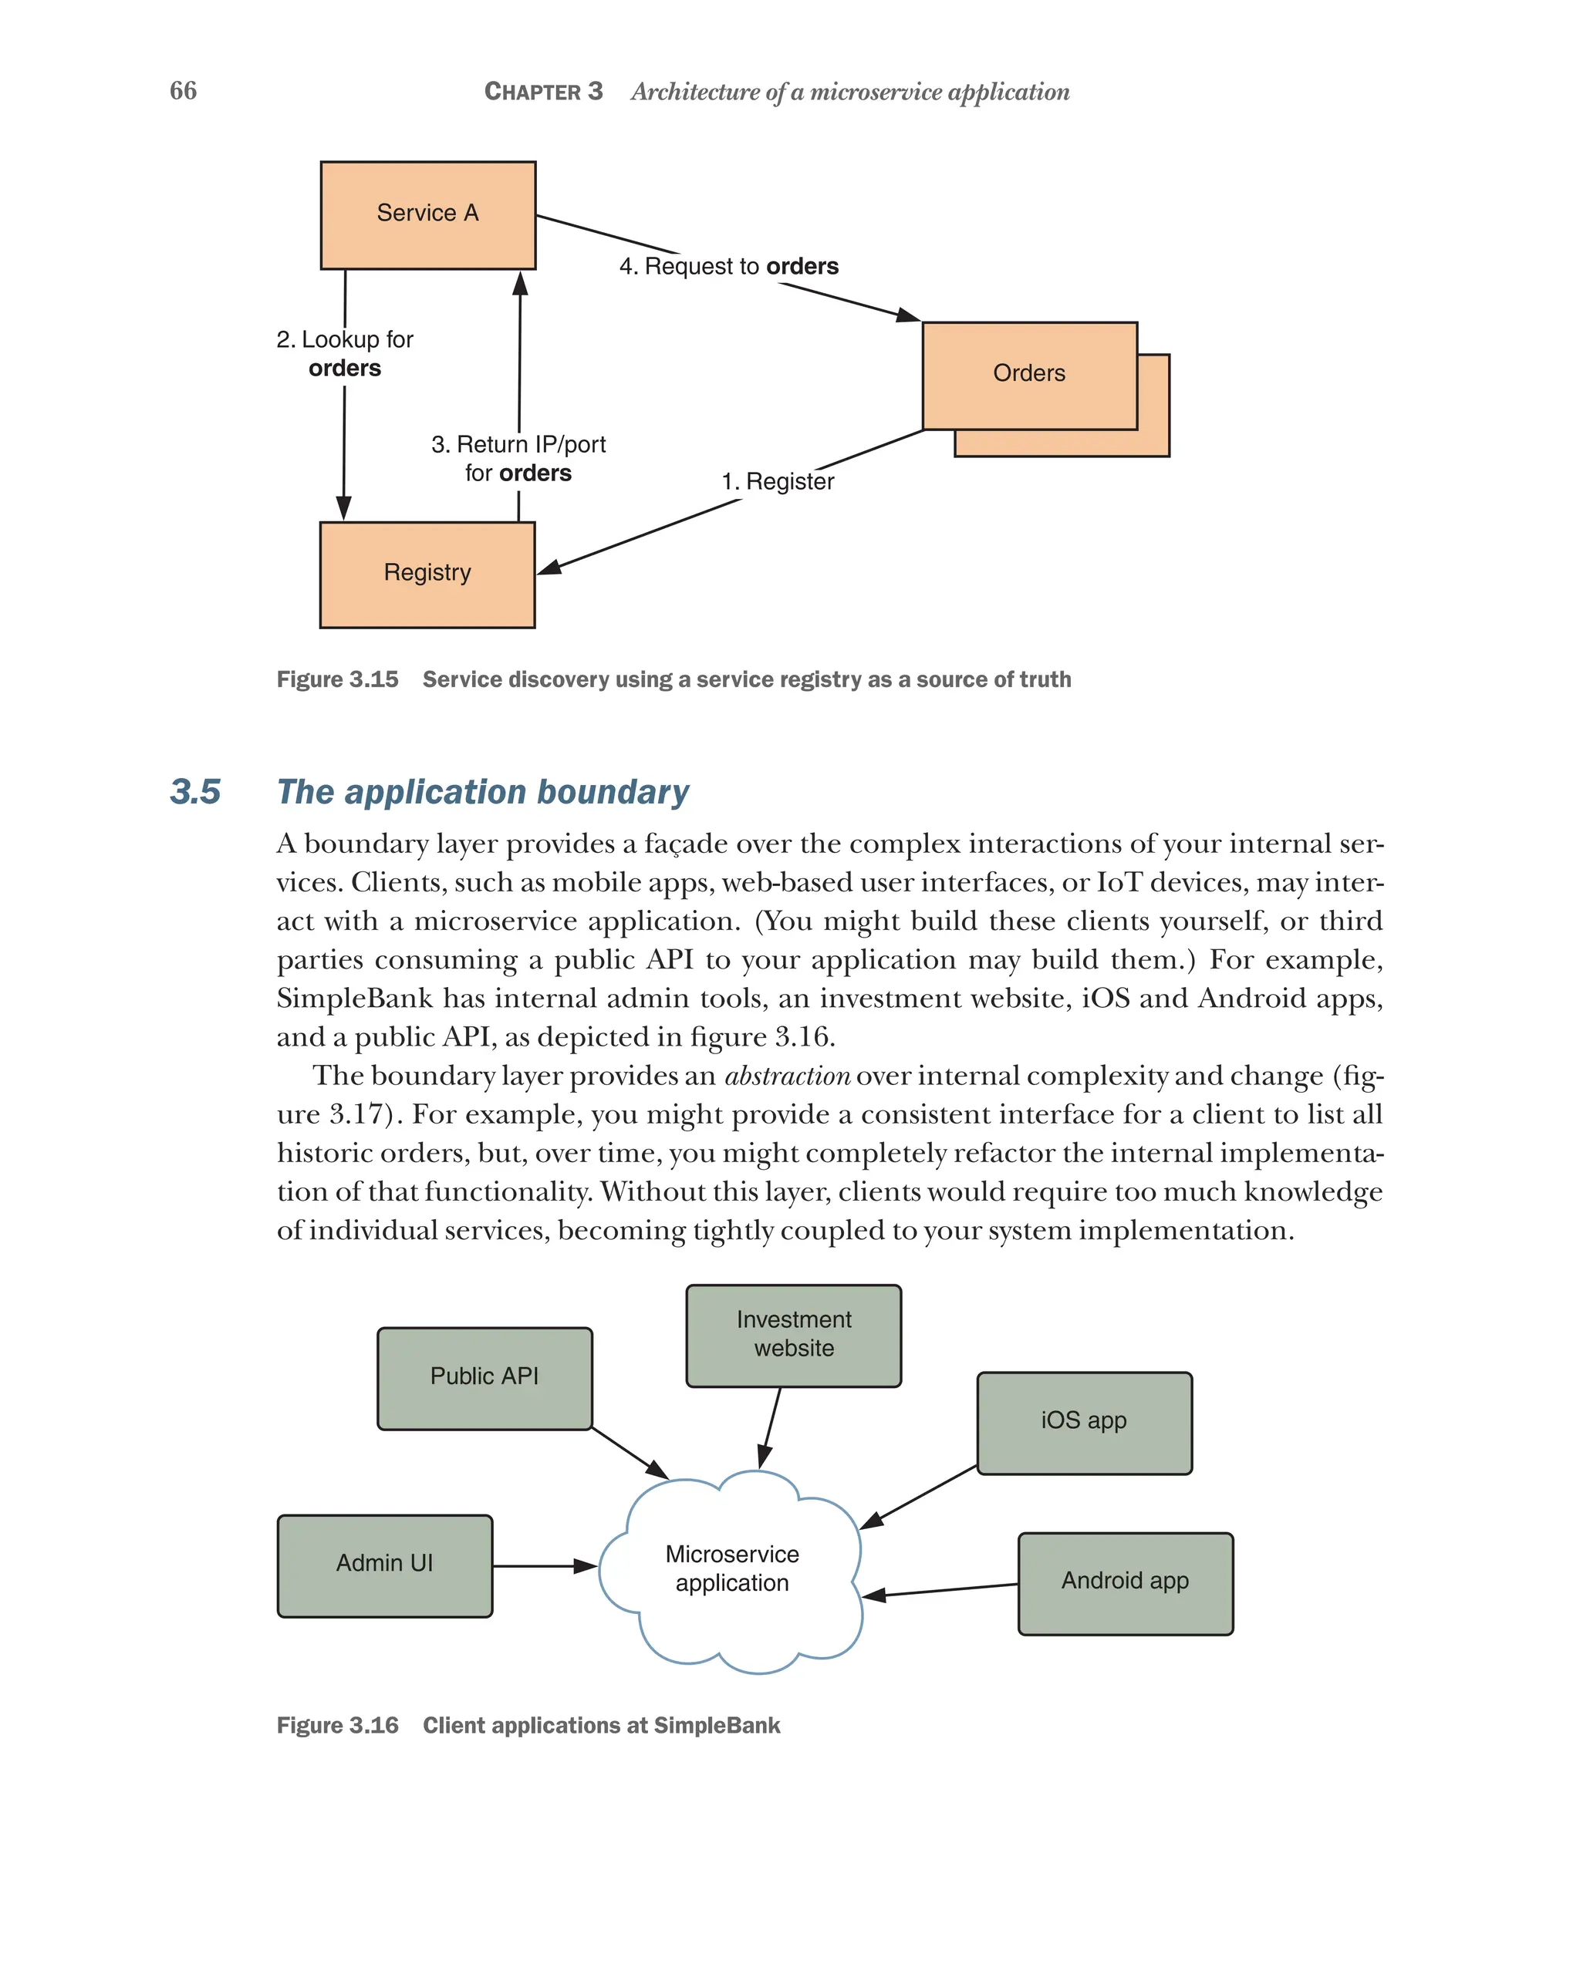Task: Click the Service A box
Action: pyautogui.click(x=427, y=215)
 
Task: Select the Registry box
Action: pyautogui.click(x=427, y=574)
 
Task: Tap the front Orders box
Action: pyautogui.click(x=1028, y=375)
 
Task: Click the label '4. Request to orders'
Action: pyautogui.click(x=728, y=267)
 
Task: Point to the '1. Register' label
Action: pyautogui.click(x=777, y=481)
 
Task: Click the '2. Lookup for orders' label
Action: pyautogui.click(x=345, y=354)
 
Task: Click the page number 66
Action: pyautogui.click(x=183, y=91)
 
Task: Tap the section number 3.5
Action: pyautogui.click(x=195, y=792)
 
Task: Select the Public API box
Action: pyautogui.click(x=484, y=1377)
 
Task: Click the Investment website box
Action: pyautogui.click(x=793, y=1334)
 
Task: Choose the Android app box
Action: pyautogui.click(x=1125, y=1582)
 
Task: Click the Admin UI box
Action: pyautogui.click(x=384, y=1564)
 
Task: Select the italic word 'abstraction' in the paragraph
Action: pyautogui.click(x=787, y=1076)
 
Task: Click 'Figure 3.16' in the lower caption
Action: pyautogui.click(x=337, y=1726)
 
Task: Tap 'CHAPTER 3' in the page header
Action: pyautogui.click(x=543, y=92)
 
